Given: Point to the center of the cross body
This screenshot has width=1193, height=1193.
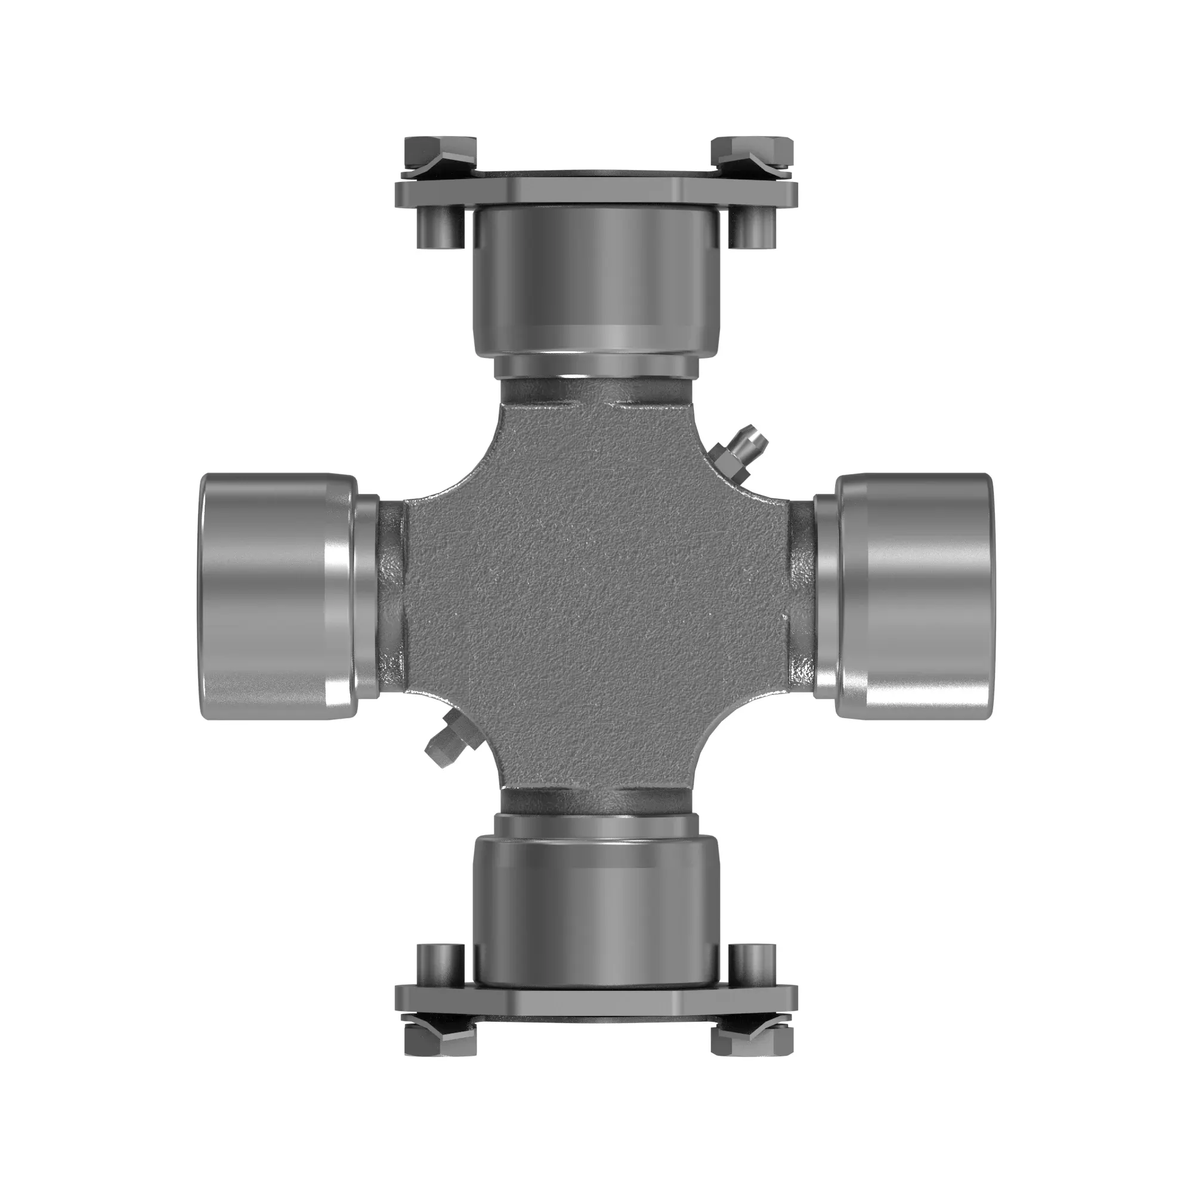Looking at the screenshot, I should pos(596,596).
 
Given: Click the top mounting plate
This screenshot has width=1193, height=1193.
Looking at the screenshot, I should pos(596,192).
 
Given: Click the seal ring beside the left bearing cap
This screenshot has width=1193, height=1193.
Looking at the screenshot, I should pos(367,596).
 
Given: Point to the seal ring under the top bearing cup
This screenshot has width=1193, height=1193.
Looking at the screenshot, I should pos(596,368).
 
